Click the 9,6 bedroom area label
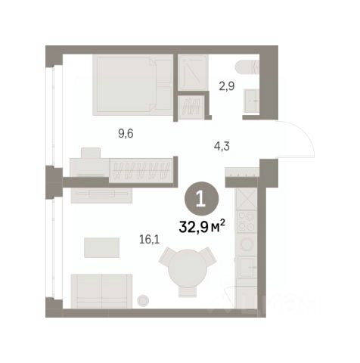pos(126,134)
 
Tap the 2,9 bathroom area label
pos(226,86)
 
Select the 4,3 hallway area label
pos(222,146)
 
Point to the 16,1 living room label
pos(150,239)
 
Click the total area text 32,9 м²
pos(202,226)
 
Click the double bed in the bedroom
pos(133,85)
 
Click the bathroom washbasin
pos(251,101)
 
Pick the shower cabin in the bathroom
pos(193,73)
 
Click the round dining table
pos(188,267)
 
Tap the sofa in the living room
pos(101,291)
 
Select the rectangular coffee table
pos(101,247)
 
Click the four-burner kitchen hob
pos(246,222)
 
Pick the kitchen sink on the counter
pos(247,267)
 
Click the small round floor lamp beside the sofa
pos(143,300)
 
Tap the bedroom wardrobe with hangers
pos(141,170)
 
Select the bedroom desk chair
pos(91,153)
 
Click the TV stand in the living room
pos(101,195)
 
